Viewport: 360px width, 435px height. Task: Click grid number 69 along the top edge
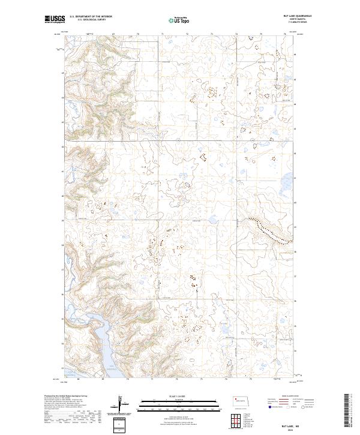coord(113,34)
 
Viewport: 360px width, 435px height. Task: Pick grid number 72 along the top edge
coord(187,34)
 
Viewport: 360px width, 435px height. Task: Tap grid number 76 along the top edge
coord(285,34)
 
